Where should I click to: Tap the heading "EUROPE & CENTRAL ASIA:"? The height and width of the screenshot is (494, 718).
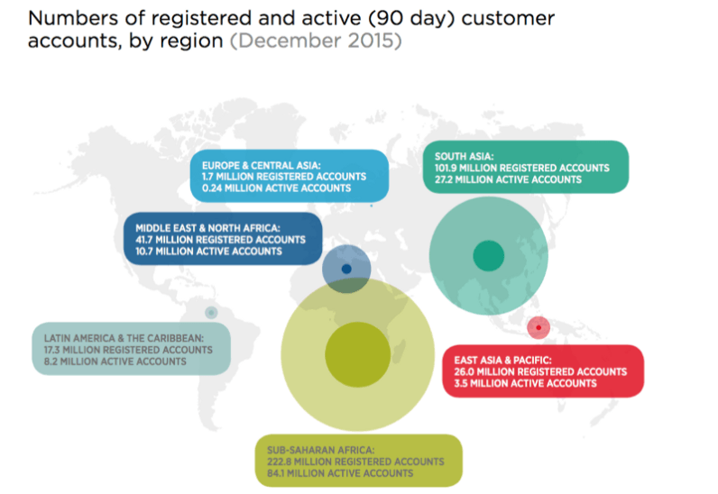coord(261,165)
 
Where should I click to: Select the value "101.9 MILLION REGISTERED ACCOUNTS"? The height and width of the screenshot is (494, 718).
coord(521,168)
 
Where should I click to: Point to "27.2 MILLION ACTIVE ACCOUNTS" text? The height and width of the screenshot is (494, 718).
coord(508,179)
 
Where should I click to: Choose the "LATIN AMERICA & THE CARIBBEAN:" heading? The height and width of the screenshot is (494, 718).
coord(124,338)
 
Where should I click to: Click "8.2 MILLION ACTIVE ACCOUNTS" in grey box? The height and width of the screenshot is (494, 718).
coord(115,361)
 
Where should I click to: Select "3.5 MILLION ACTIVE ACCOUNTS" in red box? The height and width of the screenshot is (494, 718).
coord(519,383)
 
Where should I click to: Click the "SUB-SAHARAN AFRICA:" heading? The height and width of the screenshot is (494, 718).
coord(319,450)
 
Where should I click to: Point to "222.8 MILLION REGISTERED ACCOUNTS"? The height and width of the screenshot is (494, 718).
coord(354,462)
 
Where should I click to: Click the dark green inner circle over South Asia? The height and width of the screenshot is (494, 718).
coord(488,256)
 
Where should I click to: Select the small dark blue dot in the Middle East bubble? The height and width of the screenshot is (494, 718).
coord(347,269)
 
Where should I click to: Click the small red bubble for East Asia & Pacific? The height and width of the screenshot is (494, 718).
coord(538,327)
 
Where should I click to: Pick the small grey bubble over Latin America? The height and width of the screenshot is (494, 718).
coord(211,313)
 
